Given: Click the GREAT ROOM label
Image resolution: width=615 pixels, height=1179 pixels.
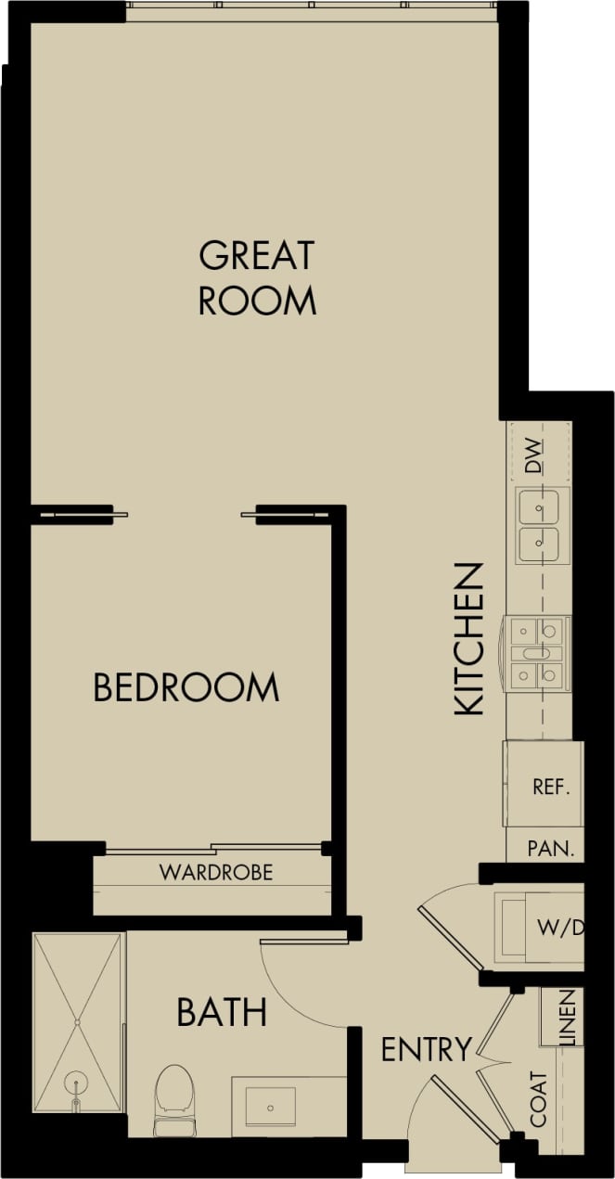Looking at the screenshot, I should click(x=257, y=277).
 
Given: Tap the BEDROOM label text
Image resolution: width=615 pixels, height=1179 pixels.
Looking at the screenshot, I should click(x=186, y=688).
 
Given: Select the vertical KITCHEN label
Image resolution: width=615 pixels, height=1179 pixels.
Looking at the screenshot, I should click(x=469, y=639).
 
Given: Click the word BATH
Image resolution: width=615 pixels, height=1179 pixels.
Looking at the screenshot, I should click(x=222, y=1013).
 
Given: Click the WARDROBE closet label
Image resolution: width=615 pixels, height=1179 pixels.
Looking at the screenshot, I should click(x=216, y=873).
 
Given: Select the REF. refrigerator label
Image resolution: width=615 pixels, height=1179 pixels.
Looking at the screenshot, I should click(x=550, y=788).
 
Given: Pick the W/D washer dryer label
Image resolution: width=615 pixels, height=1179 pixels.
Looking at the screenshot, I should click(x=559, y=927).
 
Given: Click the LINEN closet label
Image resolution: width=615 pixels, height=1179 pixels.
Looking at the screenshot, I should click(x=567, y=1019).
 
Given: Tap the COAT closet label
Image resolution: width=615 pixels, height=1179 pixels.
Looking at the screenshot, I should click(x=539, y=1100).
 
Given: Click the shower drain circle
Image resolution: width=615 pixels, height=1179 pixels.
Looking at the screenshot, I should click(x=75, y=1083).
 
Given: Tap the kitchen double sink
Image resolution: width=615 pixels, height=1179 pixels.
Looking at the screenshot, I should click(x=538, y=525).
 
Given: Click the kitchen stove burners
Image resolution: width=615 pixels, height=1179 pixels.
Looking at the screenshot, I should click(x=538, y=653).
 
